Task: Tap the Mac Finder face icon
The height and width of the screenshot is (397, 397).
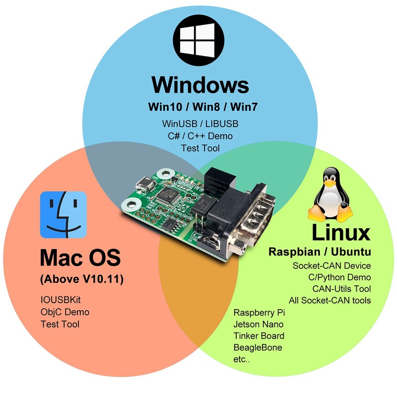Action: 64,215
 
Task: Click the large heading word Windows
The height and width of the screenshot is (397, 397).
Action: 200,84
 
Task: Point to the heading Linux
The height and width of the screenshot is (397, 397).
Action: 341,232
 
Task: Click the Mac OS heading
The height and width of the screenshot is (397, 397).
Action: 80,258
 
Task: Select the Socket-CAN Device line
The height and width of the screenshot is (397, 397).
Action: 331,266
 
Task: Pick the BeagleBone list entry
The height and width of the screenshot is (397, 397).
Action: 258,348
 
